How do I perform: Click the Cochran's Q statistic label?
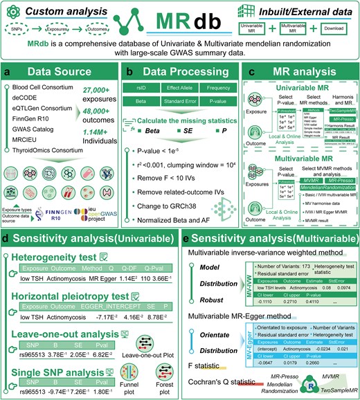pyautogui.click(x=219, y=379)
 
